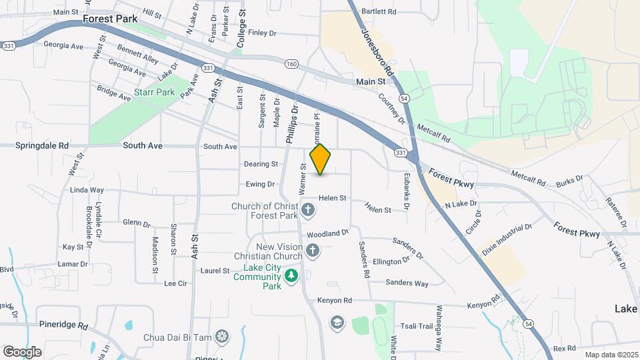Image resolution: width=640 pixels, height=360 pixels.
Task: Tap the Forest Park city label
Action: tap(110, 19)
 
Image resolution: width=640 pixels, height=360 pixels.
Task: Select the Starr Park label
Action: tap(154, 92)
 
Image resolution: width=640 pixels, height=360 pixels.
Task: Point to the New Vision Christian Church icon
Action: tap(312, 251)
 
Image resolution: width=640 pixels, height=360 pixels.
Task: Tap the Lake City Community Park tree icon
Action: tap(291, 275)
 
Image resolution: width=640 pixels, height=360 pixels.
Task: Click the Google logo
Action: tap(22, 351)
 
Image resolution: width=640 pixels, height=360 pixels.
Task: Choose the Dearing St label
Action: tap(261, 164)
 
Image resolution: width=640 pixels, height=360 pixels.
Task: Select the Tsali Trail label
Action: tap(417, 326)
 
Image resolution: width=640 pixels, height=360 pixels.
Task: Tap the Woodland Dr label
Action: tap(328, 234)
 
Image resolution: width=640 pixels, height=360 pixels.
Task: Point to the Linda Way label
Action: tap(87, 190)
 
